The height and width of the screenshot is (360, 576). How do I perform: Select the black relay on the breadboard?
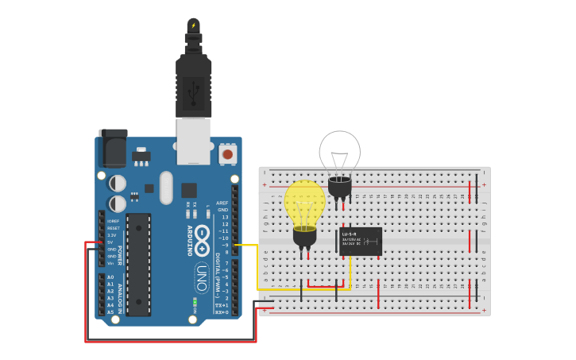click(361, 241)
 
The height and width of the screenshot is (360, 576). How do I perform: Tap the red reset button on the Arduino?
click(228, 154)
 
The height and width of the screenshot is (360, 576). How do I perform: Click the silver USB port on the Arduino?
click(193, 141)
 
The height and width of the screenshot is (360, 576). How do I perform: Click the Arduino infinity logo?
click(202, 236)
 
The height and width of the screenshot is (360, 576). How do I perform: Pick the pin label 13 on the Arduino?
click(225, 217)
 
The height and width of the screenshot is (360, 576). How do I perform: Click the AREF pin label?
click(222, 203)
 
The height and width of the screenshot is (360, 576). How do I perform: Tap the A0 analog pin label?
click(110, 277)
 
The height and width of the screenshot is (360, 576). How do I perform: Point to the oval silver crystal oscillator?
click(166, 188)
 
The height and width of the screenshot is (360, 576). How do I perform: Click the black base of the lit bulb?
click(304, 236)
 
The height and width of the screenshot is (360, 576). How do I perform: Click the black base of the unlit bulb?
click(339, 188)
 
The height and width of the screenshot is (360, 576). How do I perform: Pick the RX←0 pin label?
click(222, 312)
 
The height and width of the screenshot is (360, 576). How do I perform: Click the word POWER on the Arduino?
click(120, 255)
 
